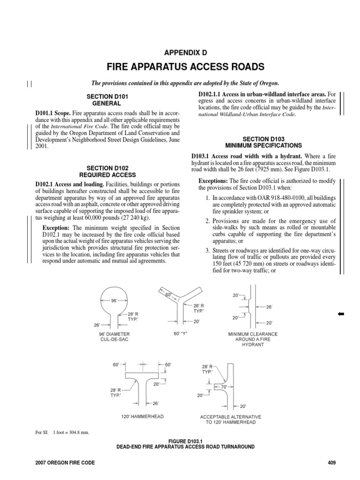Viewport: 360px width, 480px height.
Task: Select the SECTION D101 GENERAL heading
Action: click(108, 99)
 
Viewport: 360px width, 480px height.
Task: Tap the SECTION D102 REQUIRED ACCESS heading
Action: click(108, 170)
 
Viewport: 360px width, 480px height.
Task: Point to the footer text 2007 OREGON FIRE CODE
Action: click(65, 463)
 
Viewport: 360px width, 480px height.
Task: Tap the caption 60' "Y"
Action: click(180, 334)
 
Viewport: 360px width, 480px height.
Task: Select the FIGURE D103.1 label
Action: click(180, 441)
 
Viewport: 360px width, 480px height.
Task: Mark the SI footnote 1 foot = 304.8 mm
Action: click(62, 432)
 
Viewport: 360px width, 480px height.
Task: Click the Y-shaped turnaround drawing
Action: click(180, 307)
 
